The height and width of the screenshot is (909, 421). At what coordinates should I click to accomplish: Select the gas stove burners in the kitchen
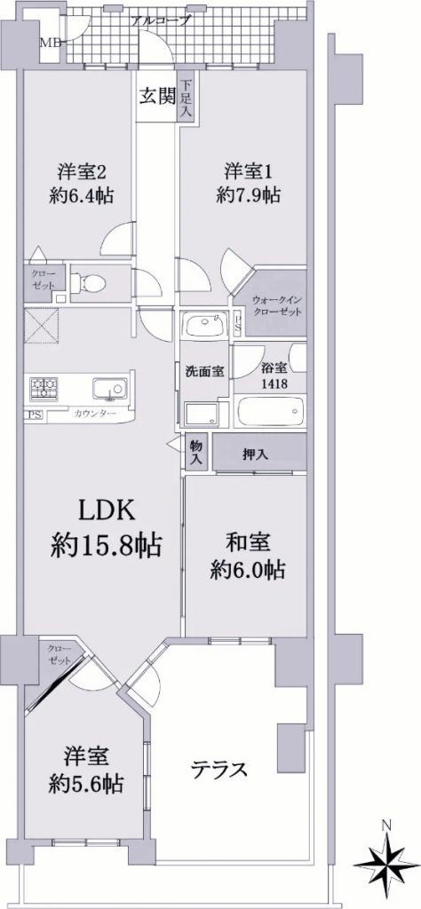(44, 388)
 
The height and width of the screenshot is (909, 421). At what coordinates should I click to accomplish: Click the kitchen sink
(109, 387)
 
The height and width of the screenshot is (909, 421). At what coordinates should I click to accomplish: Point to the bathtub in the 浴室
(271, 411)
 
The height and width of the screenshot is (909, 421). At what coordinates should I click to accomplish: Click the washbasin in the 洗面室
(203, 324)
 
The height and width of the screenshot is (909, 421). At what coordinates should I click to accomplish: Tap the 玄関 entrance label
(156, 95)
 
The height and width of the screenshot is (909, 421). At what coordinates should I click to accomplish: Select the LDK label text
(107, 511)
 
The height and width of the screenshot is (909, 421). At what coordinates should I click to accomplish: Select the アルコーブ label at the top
(153, 21)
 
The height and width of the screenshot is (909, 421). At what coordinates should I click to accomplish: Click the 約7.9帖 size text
(248, 195)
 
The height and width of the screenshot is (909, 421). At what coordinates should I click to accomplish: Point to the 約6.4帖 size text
(81, 194)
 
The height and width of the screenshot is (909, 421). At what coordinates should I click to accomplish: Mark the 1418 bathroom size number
(271, 383)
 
